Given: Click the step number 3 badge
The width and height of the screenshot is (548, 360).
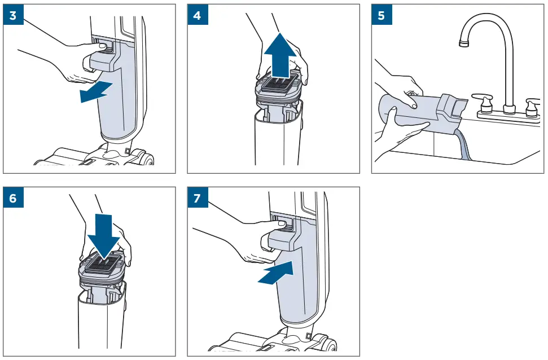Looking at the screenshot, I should pyautogui.click(x=13, y=15).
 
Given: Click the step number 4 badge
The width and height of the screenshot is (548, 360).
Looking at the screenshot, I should pyautogui.click(x=197, y=15).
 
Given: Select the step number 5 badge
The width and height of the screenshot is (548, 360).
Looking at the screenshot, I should pyautogui.click(x=382, y=15).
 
